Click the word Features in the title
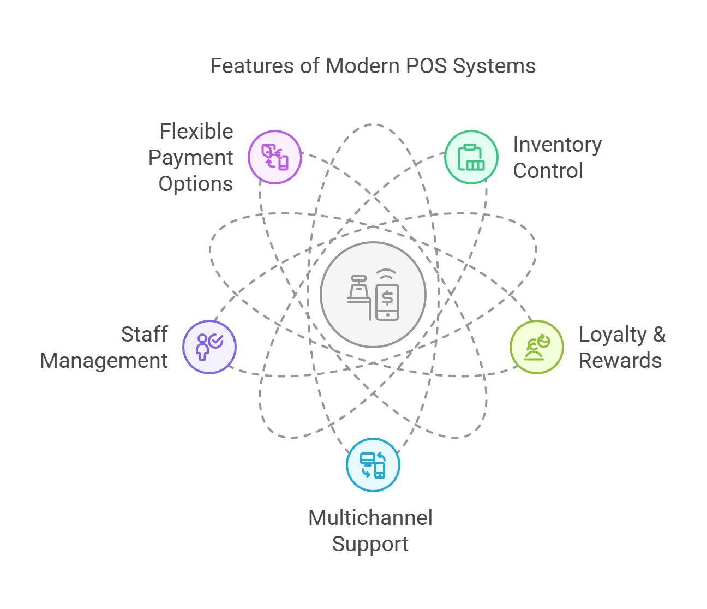point(252,65)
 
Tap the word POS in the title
point(426,65)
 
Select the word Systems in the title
point(494,67)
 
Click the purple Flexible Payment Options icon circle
point(275,157)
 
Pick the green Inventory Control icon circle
point(471,157)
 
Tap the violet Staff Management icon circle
point(209,347)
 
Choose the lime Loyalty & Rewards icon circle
point(537,347)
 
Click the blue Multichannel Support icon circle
point(373,465)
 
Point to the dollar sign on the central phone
point(387,297)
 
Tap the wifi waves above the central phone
point(387,274)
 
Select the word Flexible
point(196,132)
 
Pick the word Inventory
point(558,145)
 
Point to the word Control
point(548,170)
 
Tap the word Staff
point(145,334)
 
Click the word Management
point(104,361)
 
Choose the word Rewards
point(620,361)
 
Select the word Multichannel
point(370,517)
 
